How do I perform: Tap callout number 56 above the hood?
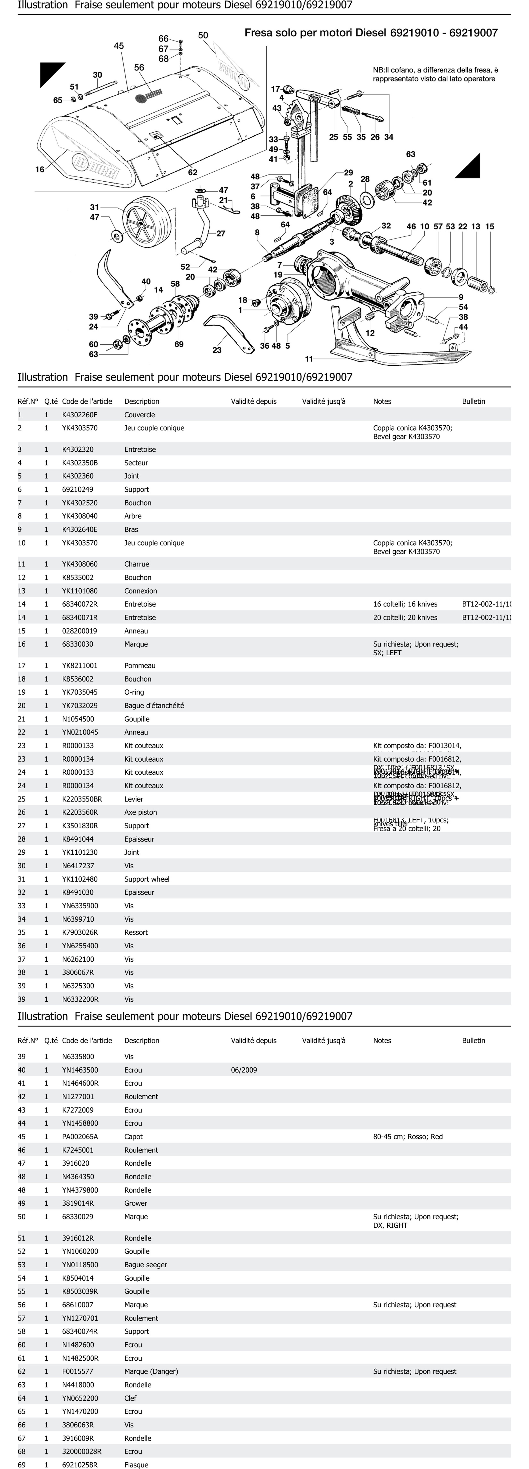click(139, 67)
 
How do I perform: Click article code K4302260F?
click(80, 415)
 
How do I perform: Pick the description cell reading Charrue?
click(137, 564)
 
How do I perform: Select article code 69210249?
click(77, 489)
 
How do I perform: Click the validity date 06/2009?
click(244, 1070)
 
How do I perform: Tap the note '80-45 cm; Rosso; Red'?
click(408, 1137)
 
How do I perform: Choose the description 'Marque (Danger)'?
click(151, 1371)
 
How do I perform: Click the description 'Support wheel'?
click(147, 879)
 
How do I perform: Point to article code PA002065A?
click(80, 1137)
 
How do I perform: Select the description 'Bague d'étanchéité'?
click(154, 705)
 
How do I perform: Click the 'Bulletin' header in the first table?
click(473, 401)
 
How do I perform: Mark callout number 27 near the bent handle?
click(221, 233)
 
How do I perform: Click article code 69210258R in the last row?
click(80, 1465)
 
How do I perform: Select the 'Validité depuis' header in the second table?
click(253, 1041)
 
